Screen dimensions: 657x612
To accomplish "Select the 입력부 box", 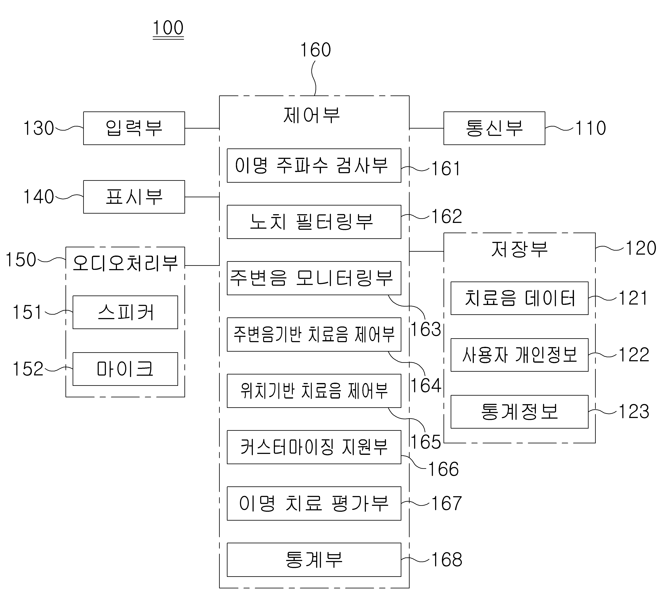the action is (x=134, y=128).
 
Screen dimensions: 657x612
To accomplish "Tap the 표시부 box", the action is (x=134, y=197).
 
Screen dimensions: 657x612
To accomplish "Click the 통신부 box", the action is (x=494, y=128).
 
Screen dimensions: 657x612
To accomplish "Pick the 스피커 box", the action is (x=125, y=312).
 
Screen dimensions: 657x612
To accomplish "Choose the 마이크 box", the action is (x=125, y=369).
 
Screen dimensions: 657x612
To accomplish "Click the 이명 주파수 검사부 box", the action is (x=314, y=166).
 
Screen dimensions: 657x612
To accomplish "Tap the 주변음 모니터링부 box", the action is (x=314, y=278).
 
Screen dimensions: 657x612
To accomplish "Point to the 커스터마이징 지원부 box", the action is (x=314, y=447).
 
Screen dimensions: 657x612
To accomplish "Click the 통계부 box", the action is (x=314, y=560).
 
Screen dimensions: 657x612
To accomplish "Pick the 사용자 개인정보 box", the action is (x=520, y=355).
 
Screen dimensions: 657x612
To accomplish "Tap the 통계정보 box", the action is (x=520, y=412).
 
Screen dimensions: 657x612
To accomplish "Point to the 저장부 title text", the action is (x=520, y=249).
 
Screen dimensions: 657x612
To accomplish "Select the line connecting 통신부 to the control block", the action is (x=426, y=128).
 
